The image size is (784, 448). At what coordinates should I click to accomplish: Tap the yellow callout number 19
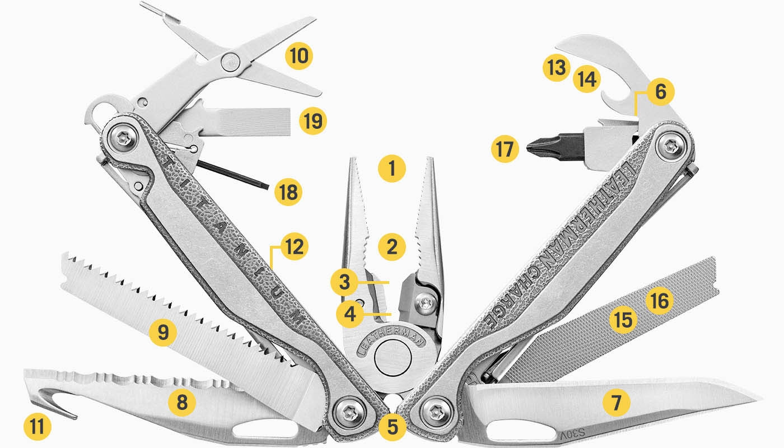(x=312, y=121)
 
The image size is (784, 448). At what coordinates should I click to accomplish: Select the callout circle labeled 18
(x=288, y=192)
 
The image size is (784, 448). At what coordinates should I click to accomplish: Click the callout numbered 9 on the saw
(x=162, y=333)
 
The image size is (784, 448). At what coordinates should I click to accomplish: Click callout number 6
(x=660, y=91)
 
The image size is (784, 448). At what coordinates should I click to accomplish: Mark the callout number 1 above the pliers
(x=391, y=167)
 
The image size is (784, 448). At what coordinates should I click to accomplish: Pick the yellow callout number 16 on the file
(x=659, y=301)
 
